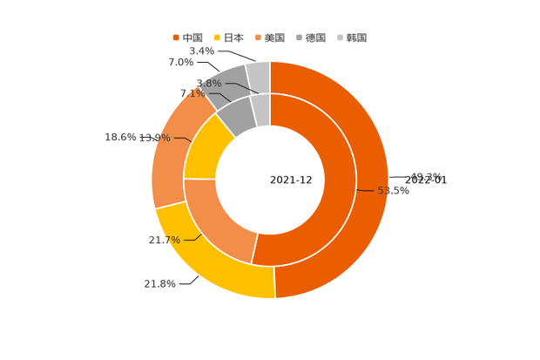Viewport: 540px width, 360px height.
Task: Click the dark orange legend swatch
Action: click(x=175, y=37)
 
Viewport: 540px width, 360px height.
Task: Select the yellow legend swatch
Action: click(x=216, y=37)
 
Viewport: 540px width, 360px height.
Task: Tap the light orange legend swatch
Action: click(x=258, y=37)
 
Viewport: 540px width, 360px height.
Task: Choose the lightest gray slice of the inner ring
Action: click(x=260, y=109)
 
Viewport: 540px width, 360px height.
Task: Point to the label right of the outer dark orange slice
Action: click(x=426, y=177)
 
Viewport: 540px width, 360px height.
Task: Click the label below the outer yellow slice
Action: click(x=160, y=283)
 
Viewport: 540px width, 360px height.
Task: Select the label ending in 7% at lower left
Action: click(x=164, y=240)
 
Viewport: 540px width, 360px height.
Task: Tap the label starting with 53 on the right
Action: click(x=393, y=191)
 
